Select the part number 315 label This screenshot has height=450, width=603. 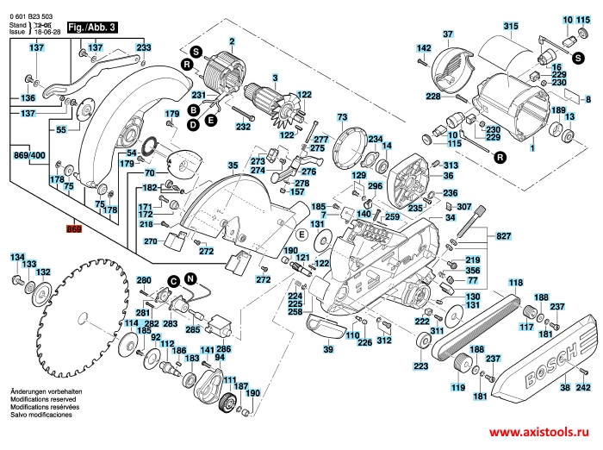[x=512, y=26]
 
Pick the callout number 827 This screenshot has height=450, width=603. [x=504, y=235]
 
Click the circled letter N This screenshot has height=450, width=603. [x=190, y=278]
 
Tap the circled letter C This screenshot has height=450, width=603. [x=172, y=280]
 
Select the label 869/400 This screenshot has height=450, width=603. [x=30, y=155]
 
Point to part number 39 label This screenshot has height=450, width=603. [x=328, y=349]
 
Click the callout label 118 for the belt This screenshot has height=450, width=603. [x=515, y=284]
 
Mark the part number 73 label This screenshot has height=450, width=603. [x=342, y=116]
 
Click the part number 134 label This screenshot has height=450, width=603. [x=16, y=257]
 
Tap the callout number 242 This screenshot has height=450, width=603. [x=583, y=389]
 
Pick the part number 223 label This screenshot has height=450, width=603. [x=420, y=366]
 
